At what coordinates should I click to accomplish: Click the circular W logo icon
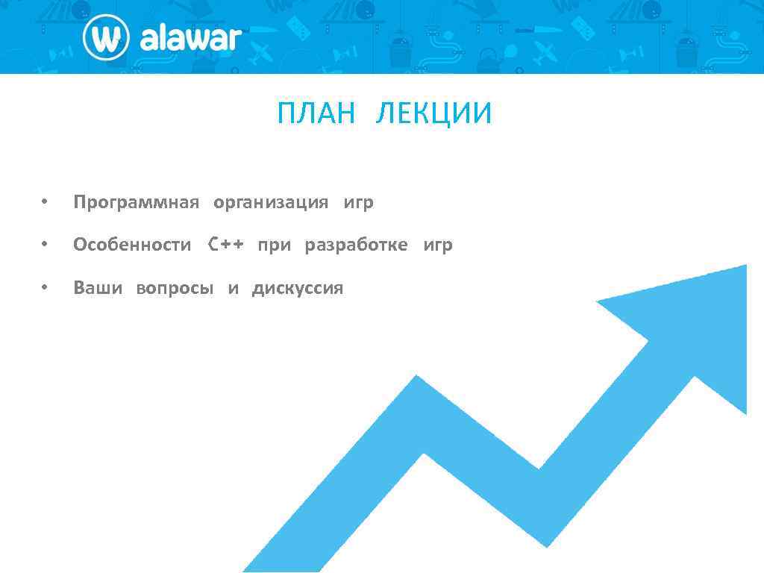106,37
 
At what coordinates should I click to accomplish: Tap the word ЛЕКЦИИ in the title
434,114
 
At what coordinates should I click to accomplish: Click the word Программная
137,203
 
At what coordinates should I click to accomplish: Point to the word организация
271,203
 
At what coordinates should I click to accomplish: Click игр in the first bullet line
359,203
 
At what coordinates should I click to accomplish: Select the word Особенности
132,245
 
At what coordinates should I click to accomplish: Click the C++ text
225,245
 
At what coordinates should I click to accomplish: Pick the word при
274,245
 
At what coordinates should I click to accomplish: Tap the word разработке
356,245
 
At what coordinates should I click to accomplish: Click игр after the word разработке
438,245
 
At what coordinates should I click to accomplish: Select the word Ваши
98,288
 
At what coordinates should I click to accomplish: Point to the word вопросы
175,289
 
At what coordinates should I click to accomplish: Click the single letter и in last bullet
234,289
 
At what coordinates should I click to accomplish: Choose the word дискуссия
298,289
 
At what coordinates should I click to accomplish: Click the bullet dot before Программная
45,202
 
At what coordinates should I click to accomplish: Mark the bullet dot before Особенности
45,244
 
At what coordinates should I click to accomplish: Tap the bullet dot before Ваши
45,287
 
